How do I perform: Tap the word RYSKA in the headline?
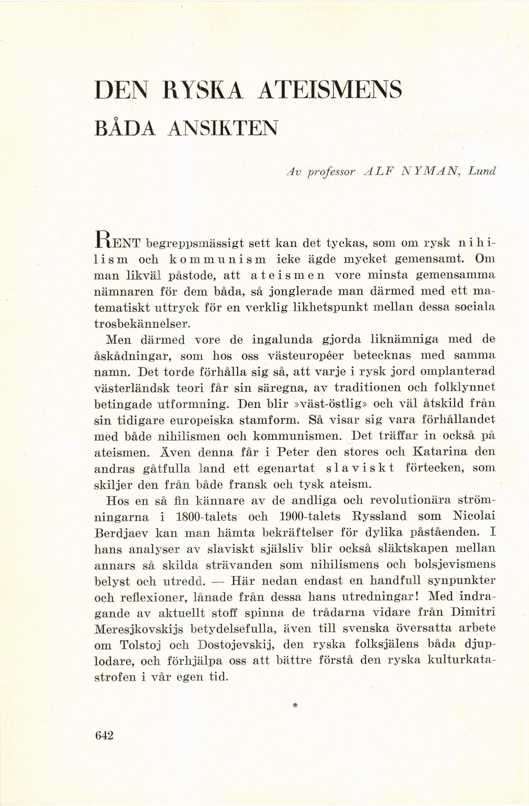click(202, 90)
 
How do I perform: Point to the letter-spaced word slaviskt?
click(360, 468)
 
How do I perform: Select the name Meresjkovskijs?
click(138, 630)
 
